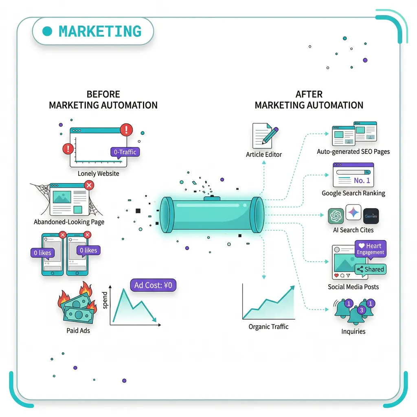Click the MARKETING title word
(x=100, y=31)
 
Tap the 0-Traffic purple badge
(x=125, y=152)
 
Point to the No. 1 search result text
(x=362, y=180)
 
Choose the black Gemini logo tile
(x=371, y=216)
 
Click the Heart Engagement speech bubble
(x=370, y=249)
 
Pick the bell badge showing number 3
(x=360, y=310)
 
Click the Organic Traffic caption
(x=268, y=327)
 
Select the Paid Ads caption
(x=78, y=331)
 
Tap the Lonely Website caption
(x=99, y=173)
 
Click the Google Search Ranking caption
(x=353, y=193)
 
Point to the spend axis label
(x=105, y=300)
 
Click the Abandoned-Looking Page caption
(x=69, y=222)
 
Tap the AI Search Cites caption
(x=353, y=230)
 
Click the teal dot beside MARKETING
(x=48, y=31)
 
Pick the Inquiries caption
(x=353, y=331)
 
